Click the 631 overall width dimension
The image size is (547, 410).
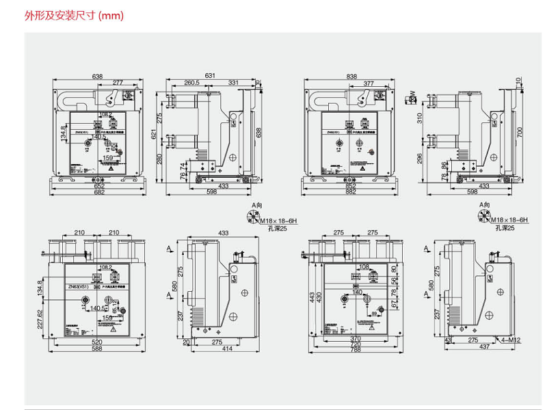(x=210, y=76)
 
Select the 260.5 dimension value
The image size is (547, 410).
(x=191, y=83)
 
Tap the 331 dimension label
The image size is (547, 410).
(x=234, y=83)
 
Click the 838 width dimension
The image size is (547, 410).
(x=352, y=76)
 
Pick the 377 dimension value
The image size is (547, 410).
(x=369, y=83)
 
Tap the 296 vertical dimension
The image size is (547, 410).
(x=419, y=159)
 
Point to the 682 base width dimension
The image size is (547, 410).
(x=99, y=193)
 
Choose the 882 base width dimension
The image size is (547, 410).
(x=352, y=193)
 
